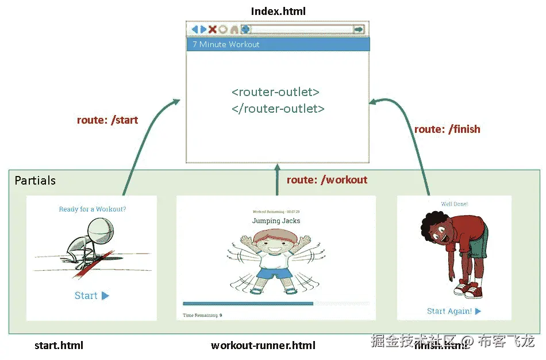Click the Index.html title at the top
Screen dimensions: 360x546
(x=278, y=12)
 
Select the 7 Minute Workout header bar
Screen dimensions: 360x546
(x=278, y=44)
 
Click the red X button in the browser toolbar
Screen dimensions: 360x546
(x=212, y=29)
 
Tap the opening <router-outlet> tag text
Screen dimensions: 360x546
(x=276, y=92)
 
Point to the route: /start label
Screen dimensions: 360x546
(x=107, y=120)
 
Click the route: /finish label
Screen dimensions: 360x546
(x=447, y=129)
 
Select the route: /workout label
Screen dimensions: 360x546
(x=327, y=180)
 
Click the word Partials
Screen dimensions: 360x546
(x=35, y=181)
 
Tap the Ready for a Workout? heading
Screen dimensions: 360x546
(x=93, y=209)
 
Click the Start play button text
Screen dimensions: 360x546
(x=91, y=296)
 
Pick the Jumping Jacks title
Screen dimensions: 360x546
(x=276, y=220)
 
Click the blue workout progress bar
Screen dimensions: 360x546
(x=248, y=303)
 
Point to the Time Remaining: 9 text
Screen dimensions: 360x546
(x=202, y=315)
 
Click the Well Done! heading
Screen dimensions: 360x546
(x=454, y=204)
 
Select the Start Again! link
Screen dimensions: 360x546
(x=453, y=311)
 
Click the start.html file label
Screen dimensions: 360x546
(x=59, y=346)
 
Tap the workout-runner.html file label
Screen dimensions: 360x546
(x=263, y=346)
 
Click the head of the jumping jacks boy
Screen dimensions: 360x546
(x=275, y=242)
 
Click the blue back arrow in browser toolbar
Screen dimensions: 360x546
(x=195, y=29)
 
